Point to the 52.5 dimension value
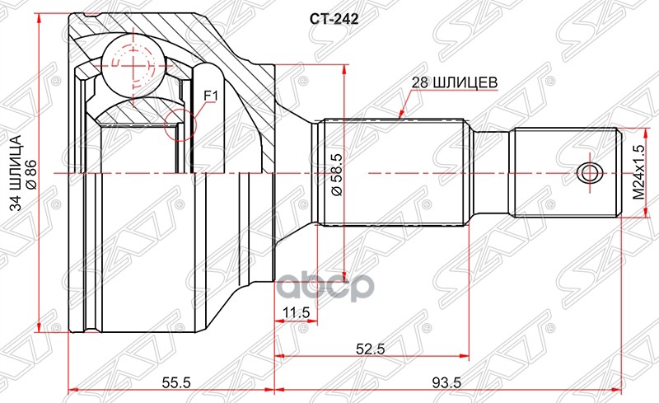(x=372, y=348)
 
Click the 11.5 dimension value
(x=295, y=312)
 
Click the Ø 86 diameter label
(x=30, y=173)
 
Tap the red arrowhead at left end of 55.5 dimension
(x=72, y=391)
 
